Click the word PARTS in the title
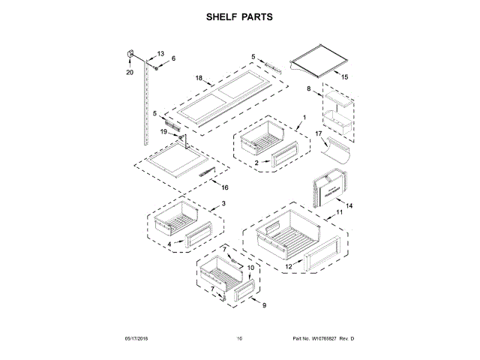coord(256,16)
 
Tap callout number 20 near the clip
coord(129,73)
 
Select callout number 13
coord(159,54)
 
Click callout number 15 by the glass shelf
coord(345,76)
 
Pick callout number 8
coord(308,89)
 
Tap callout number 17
coord(318,134)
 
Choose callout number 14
coord(348,205)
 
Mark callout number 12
coord(288,265)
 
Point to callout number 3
coord(223,203)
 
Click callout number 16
coord(224,187)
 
